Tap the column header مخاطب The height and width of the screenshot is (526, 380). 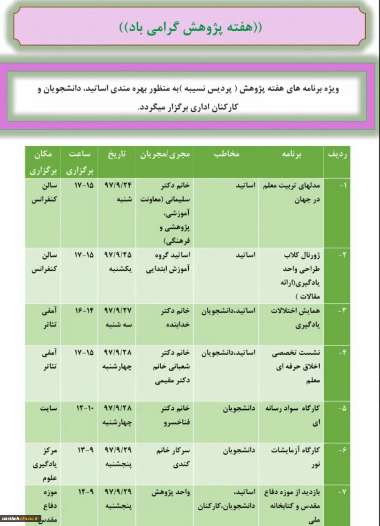pos(228,154)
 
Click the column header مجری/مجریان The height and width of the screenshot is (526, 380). pos(165,154)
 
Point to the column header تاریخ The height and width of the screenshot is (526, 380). pos(117,154)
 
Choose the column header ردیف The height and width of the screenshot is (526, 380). pos(337,154)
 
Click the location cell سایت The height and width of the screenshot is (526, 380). pos(49,408)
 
